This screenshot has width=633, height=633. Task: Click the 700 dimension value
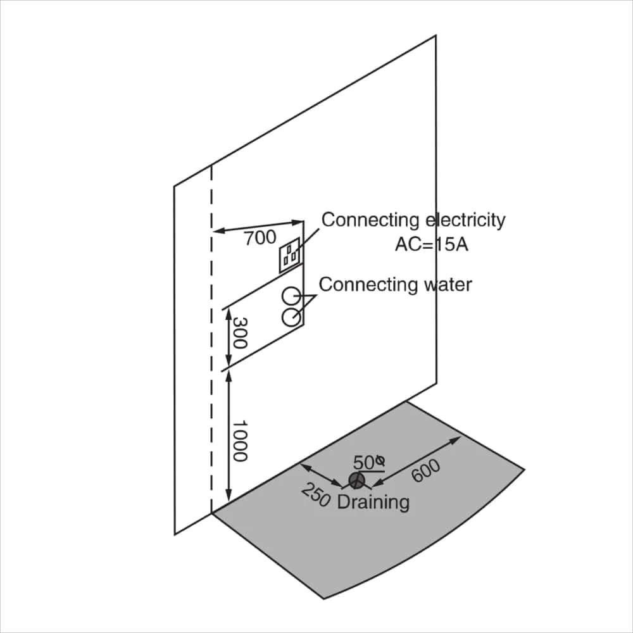coord(260,238)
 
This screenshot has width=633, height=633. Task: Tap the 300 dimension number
coord(240,333)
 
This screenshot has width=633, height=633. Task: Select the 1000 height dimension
coord(240,441)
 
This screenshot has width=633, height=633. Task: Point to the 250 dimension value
coord(316,496)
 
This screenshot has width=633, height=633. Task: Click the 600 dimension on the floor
coord(426,471)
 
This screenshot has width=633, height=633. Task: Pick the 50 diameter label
coord(368,463)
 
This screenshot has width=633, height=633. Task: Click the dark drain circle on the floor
coord(356,480)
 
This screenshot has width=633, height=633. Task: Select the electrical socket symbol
coord(290,255)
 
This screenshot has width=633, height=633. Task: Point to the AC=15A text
coord(432,244)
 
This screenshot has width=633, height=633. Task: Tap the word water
coord(448,285)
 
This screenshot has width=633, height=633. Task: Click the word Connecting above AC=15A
coord(370,221)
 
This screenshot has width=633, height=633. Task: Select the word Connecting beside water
coord(368,285)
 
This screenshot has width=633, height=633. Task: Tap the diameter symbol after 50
coord(380,460)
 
